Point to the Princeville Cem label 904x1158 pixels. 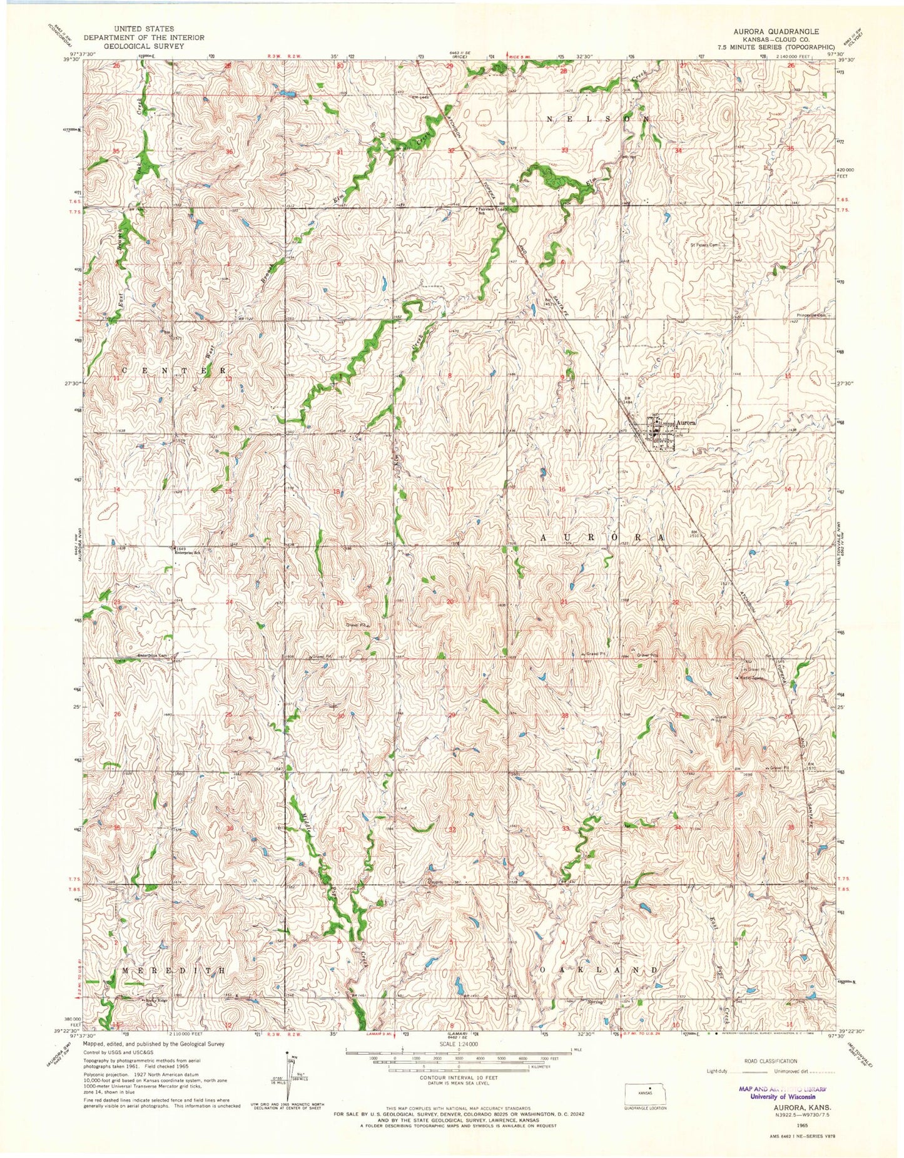pyautogui.click(x=811, y=315)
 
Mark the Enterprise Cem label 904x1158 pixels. pyautogui.click(x=153, y=656)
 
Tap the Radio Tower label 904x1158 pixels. pyautogui.click(x=753, y=677)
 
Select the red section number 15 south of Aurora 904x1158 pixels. pyautogui.click(x=676, y=488)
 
